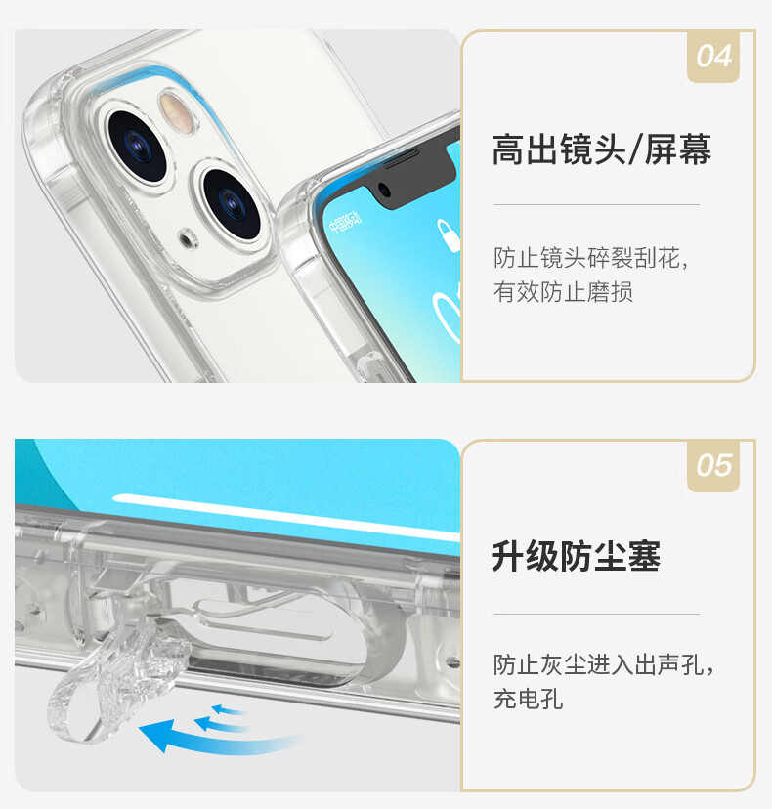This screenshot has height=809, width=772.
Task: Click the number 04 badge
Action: [x=713, y=57]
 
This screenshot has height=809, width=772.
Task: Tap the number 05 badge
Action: [x=713, y=465]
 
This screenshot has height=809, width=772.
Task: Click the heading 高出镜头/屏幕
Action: [x=601, y=149]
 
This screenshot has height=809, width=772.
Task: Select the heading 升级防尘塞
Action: [x=576, y=557]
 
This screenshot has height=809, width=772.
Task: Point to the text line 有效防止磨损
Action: [x=563, y=292]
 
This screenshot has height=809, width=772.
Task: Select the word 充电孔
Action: [x=528, y=700]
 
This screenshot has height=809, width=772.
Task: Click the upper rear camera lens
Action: [x=137, y=146]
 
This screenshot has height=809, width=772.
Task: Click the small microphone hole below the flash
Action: [x=188, y=238]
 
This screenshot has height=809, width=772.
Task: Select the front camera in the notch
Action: [x=384, y=191]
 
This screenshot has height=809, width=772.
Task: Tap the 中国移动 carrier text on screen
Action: [x=345, y=222]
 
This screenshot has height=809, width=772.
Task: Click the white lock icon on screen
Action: [x=449, y=235]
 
